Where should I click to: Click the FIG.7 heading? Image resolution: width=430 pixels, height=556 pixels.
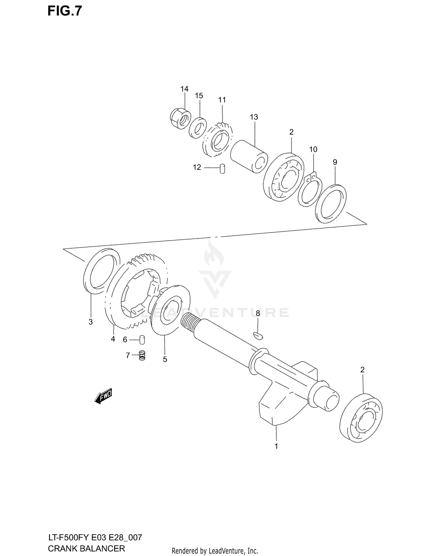[64, 11]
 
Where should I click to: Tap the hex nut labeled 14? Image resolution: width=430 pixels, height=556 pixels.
[180, 119]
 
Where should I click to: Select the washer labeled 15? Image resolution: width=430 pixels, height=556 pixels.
[198, 128]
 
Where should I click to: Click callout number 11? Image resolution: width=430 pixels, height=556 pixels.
[222, 100]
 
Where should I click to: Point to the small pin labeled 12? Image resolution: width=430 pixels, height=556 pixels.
[222, 169]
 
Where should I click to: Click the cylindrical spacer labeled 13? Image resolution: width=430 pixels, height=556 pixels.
[249, 156]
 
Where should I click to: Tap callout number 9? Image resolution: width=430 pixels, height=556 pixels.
[335, 162]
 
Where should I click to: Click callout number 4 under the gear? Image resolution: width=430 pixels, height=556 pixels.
[113, 339]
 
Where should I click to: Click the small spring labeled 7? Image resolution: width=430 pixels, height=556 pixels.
[142, 355]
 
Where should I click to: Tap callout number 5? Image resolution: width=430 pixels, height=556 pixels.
[165, 359]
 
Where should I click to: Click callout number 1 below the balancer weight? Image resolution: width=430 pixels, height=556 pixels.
[276, 446]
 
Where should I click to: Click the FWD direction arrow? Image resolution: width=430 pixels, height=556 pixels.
[103, 396]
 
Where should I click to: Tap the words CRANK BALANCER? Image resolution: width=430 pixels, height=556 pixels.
[86, 548]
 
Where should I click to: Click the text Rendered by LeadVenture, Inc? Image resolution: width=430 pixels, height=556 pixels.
[215, 551]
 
